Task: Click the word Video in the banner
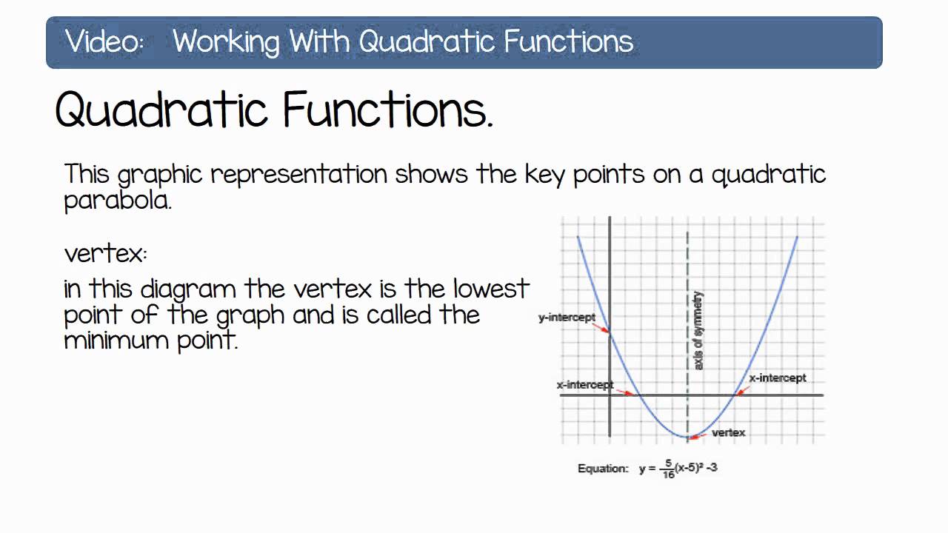[104, 41]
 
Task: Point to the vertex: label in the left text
[105, 254]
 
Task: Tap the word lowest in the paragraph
[491, 288]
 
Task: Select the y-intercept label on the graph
[567, 318]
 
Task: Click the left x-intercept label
[584, 385]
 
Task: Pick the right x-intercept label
[777, 378]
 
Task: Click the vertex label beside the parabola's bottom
[728, 432]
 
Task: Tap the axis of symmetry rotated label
[698, 331]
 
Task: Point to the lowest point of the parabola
[688, 438]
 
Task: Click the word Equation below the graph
[603, 469]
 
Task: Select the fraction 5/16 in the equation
[669, 469]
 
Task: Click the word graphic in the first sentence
[159, 175]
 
